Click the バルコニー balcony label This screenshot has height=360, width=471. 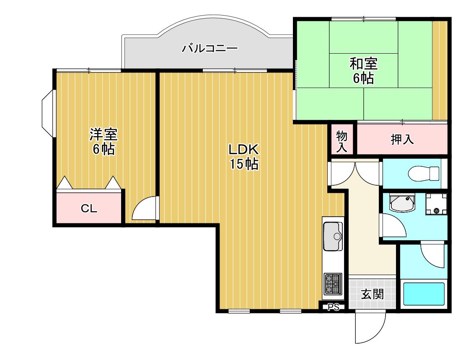(x=210, y=48)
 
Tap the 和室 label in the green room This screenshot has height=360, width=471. (x=363, y=64)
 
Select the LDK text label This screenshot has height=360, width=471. (x=243, y=149)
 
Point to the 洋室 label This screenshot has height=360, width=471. (x=104, y=135)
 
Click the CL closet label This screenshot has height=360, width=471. (x=89, y=208)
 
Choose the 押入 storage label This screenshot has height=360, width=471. (x=402, y=140)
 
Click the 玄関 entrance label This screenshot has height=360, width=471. (x=372, y=294)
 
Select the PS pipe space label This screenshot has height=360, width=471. (x=334, y=307)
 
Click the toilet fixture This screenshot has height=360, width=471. (x=424, y=174)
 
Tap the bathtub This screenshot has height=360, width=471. (x=424, y=294)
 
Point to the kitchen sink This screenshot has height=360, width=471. (x=333, y=236)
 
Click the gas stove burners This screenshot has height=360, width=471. (x=333, y=284)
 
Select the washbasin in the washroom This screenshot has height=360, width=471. (x=402, y=203)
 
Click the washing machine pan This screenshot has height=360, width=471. (x=436, y=204)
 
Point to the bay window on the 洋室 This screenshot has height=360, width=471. (x=47, y=114)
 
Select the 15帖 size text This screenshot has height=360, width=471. (x=244, y=164)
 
